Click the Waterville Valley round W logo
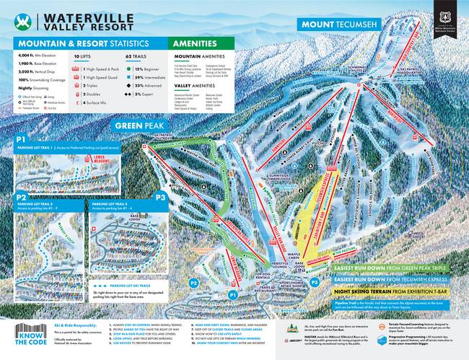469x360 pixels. [x=26, y=20]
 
